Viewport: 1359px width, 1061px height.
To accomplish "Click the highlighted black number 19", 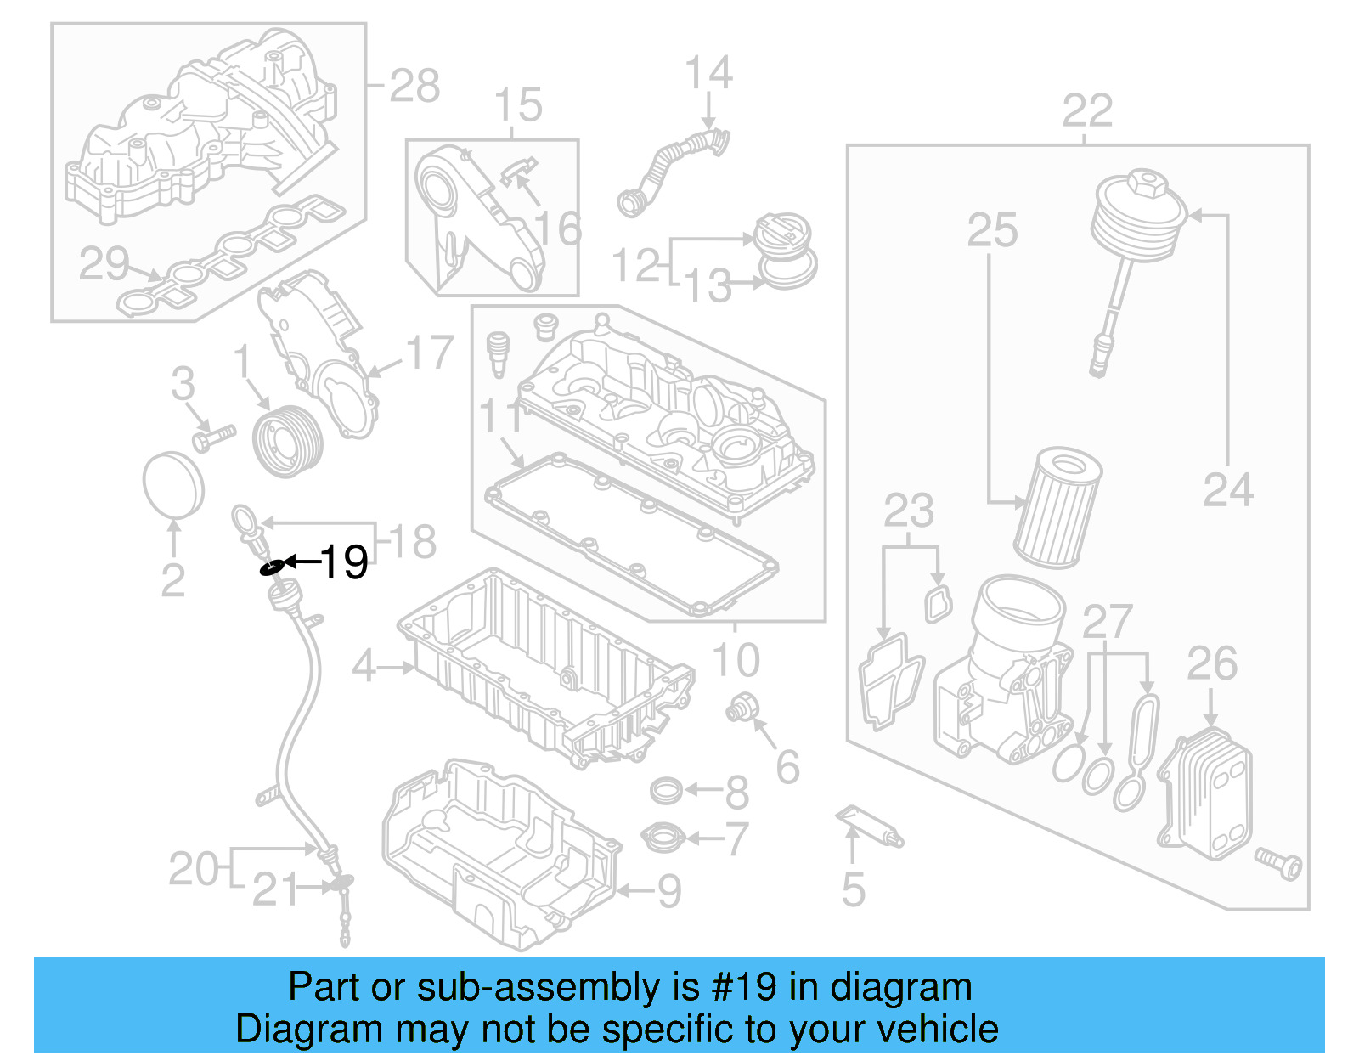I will (345, 562).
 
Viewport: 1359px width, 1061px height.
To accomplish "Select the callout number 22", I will (1087, 111).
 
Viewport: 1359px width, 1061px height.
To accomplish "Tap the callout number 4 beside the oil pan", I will (364, 666).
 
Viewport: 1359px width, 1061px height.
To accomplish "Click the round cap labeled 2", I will (173, 484).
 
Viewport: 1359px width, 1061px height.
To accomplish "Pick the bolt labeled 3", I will (212, 437).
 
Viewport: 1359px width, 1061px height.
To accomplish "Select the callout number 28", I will (414, 86).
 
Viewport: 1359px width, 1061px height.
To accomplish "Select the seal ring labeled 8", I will (666, 791).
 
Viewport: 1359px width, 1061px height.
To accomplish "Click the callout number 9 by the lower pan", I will (669, 891).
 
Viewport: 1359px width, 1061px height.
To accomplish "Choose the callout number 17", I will (430, 353).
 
